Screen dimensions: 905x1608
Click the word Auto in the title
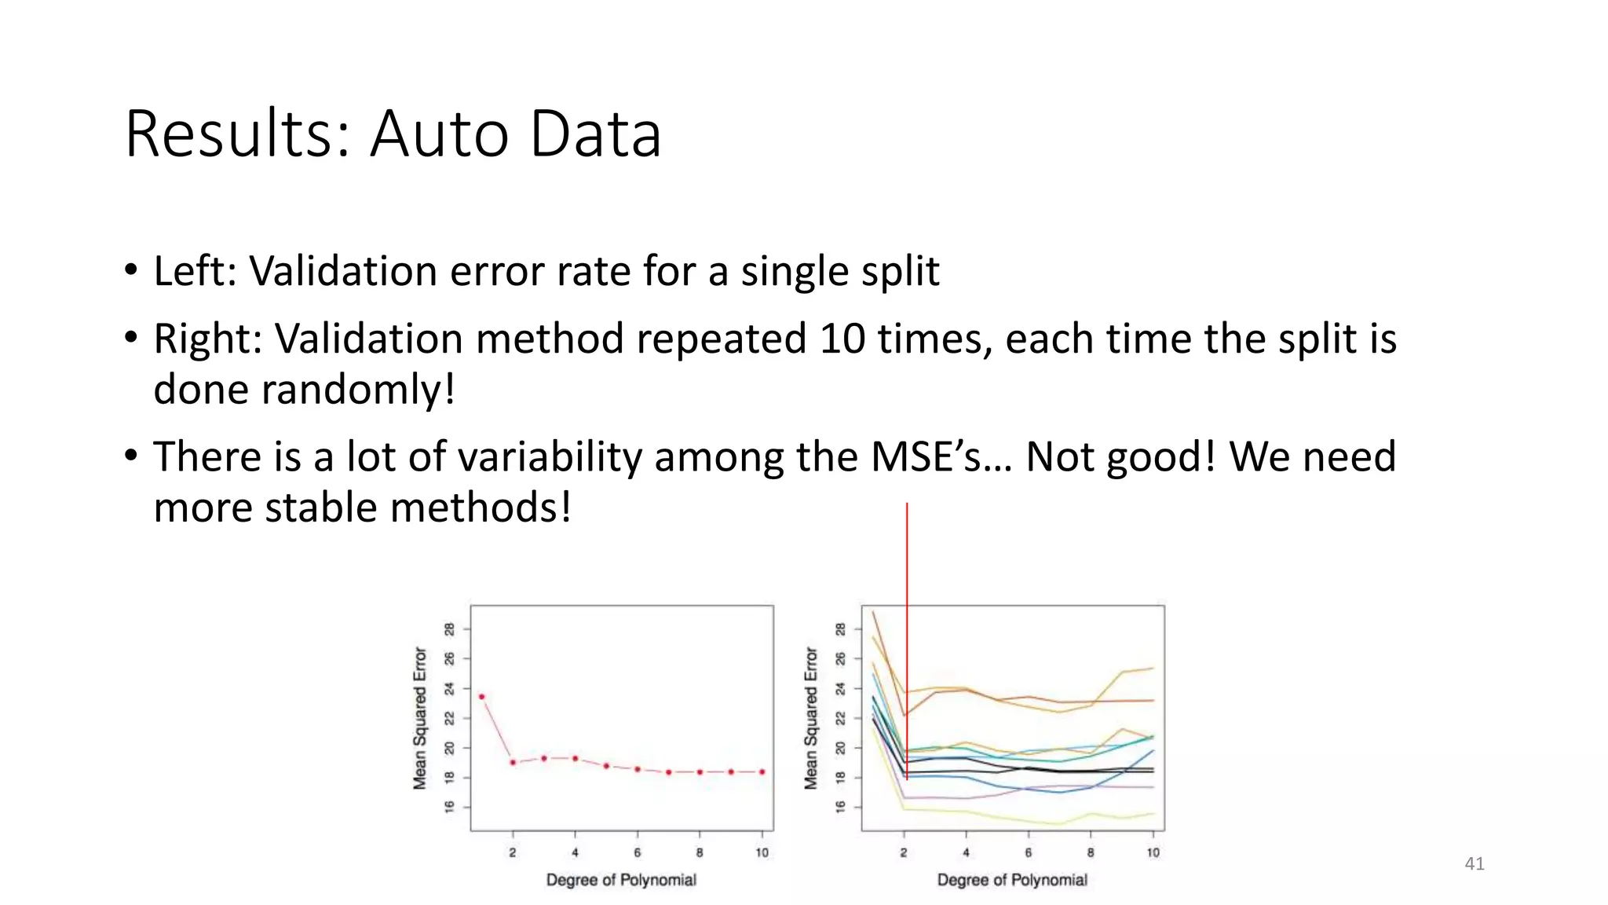point(440,134)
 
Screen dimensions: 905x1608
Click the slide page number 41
point(1474,863)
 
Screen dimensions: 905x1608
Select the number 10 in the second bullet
point(841,339)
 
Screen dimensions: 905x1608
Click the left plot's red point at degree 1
point(481,696)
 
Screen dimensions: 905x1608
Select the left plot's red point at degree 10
point(762,771)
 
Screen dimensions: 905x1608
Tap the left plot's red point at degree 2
point(513,762)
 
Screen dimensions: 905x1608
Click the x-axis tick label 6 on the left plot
point(637,852)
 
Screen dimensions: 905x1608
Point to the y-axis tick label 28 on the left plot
point(449,628)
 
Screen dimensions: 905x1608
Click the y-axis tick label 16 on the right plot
point(840,807)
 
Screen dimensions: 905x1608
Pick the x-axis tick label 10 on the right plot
point(1153,852)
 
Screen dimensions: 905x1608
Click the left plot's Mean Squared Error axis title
point(420,718)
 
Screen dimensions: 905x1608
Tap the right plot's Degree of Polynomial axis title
point(1011,880)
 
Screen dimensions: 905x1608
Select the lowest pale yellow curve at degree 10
point(1153,813)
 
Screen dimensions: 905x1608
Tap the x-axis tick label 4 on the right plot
point(966,852)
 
